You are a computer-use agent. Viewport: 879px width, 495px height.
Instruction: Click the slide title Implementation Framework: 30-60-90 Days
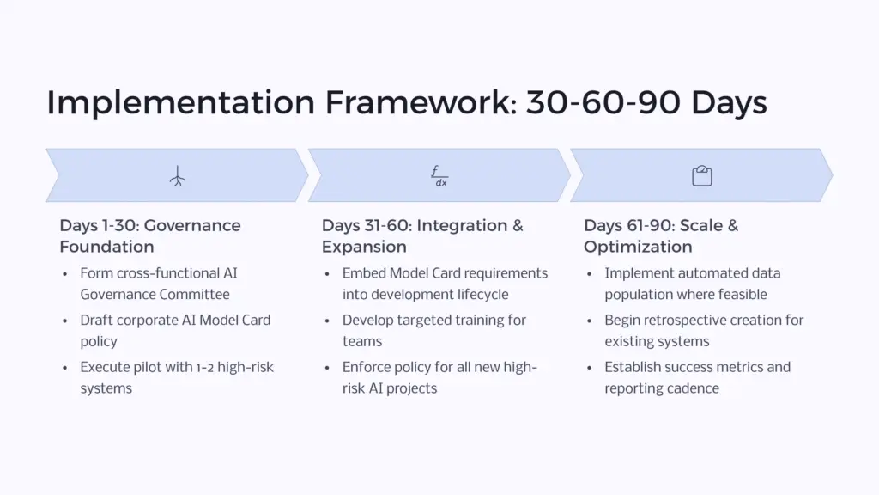406,102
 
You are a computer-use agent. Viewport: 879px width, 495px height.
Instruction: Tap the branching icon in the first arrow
177,175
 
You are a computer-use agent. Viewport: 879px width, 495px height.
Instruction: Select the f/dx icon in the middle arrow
439,175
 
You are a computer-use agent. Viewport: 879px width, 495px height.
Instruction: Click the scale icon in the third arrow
702,175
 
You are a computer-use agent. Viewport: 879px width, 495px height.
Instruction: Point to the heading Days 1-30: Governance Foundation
150,235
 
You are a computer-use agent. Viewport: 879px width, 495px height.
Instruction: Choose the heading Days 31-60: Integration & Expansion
422,235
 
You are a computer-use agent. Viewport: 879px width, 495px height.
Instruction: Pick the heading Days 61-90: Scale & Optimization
661,235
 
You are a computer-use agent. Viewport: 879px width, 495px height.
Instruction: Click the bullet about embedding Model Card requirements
445,284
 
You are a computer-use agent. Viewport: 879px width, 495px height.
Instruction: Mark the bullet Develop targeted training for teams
434,331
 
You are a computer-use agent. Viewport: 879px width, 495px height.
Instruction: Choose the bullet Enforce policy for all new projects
439,377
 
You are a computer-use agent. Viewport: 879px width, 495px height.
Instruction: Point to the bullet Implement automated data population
692,284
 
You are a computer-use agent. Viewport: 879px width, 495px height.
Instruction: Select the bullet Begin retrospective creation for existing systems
704,331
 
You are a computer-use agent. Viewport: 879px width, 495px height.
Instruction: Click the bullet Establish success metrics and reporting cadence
697,377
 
